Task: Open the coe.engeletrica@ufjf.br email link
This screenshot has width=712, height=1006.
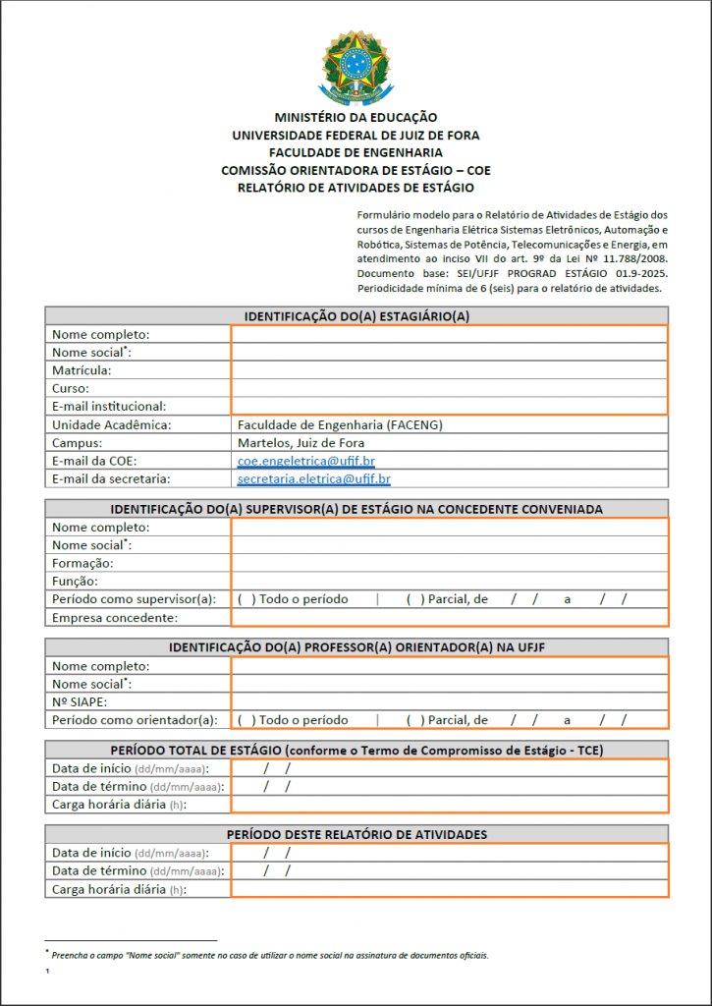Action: pyautogui.click(x=305, y=461)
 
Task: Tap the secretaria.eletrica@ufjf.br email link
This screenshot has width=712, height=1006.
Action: pyautogui.click(x=313, y=479)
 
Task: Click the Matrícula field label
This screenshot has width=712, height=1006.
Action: pyautogui.click(x=82, y=370)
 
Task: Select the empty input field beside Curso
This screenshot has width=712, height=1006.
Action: pyautogui.click(x=450, y=388)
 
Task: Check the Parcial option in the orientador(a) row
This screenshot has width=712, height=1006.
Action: pyautogui.click(x=415, y=720)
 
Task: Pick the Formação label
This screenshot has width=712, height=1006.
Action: pyautogui.click(x=82, y=563)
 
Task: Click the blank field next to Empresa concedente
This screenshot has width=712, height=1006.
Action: pyautogui.click(x=450, y=617)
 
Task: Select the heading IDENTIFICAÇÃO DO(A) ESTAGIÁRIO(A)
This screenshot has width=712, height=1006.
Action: pyautogui.click(x=356, y=315)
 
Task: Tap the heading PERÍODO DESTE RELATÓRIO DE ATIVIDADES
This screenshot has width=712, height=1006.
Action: pyautogui.click(x=356, y=834)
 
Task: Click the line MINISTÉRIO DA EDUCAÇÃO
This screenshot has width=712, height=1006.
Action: pyautogui.click(x=356, y=118)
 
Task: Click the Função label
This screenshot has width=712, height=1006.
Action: pyautogui.click(x=77, y=581)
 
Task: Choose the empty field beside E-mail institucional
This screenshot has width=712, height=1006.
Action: pyautogui.click(x=450, y=406)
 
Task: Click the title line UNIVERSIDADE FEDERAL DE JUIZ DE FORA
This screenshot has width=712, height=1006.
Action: pyautogui.click(x=356, y=136)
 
